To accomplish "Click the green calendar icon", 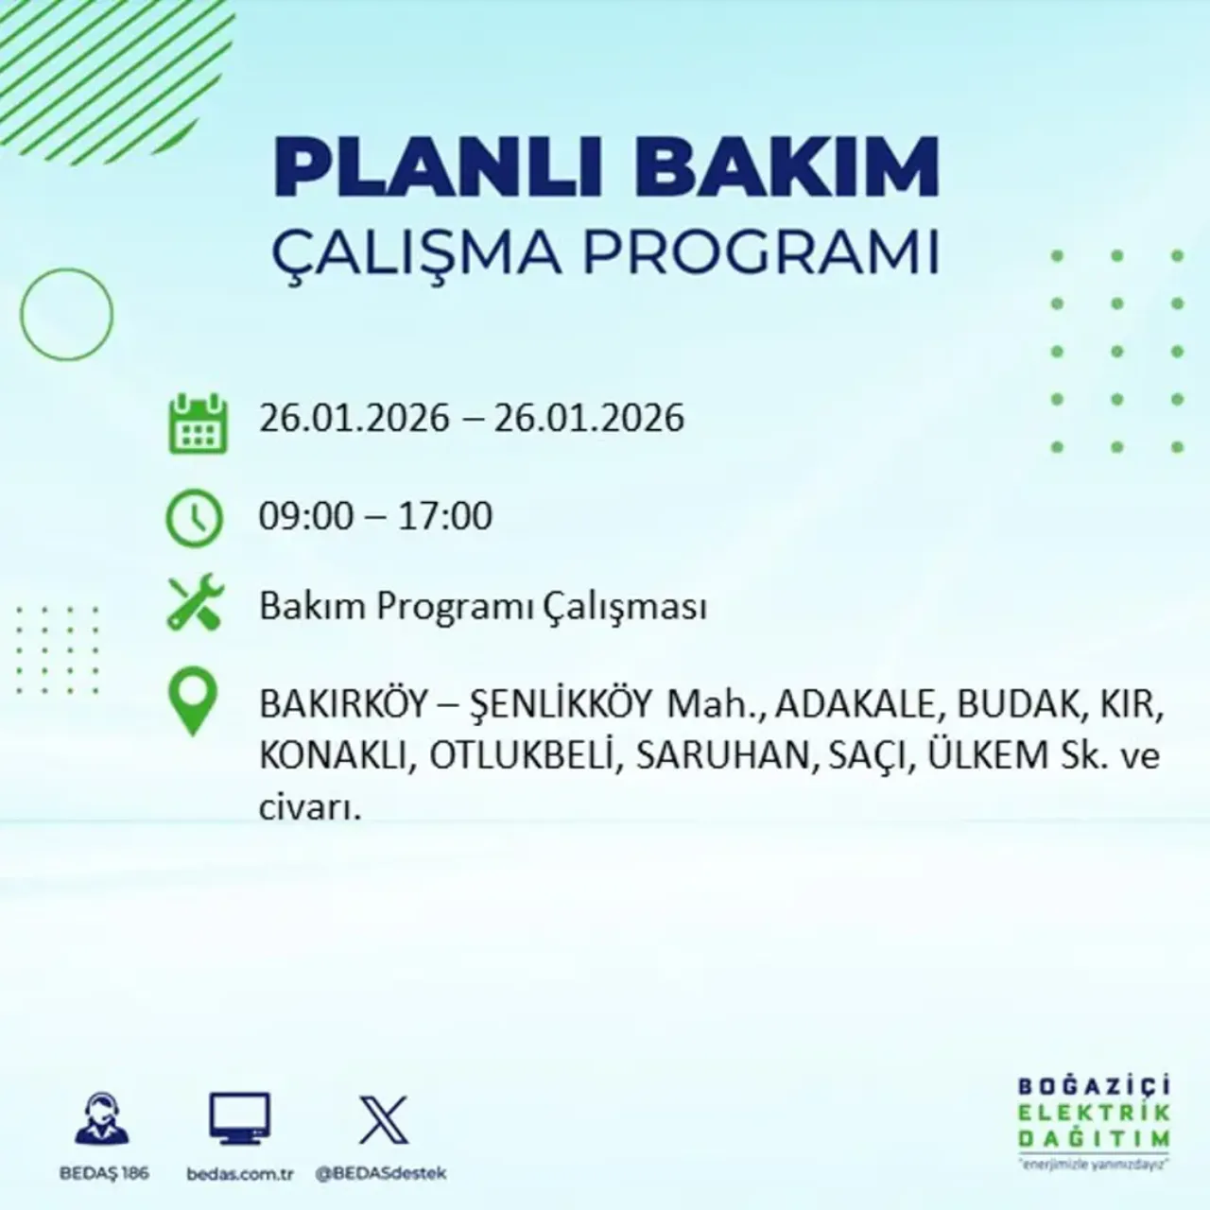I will (x=198, y=423).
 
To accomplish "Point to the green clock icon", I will (x=195, y=519).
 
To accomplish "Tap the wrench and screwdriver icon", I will (x=195, y=604).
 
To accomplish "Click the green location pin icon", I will (x=192, y=700).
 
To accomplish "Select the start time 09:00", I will (x=305, y=516).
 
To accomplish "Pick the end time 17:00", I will (x=445, y=516).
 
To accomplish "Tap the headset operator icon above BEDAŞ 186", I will (x=102, y=1120).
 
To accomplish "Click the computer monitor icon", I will (x=239, y=1120).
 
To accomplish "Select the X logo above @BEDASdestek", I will (x=383, y=1120).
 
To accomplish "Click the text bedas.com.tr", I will (x=240, y=1174).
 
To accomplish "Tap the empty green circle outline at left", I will (x=66, y=314).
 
